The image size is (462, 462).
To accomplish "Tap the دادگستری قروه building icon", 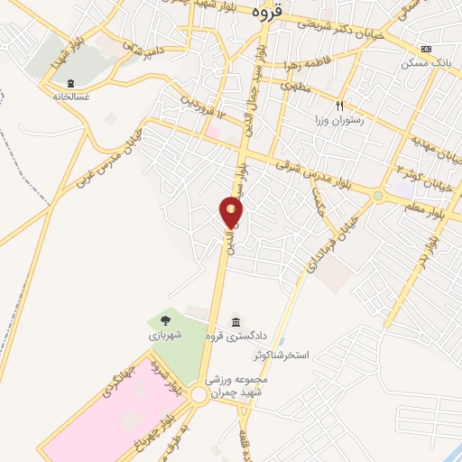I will click(x=236, y=322).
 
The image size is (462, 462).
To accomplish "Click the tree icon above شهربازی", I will click(x=164, y=319).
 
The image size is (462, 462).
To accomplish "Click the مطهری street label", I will click(x=295, y=88).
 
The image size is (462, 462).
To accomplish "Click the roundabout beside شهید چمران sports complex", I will click(x=199, y=395).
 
